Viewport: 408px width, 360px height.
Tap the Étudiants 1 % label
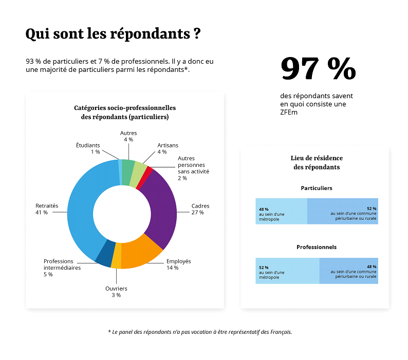tap(88, 148)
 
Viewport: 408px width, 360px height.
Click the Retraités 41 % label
tap(47, 209)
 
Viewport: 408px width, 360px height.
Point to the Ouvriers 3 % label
tap(116, 292)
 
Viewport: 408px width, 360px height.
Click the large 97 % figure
tap(318, 69)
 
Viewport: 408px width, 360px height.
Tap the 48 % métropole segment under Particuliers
tap(281, 211)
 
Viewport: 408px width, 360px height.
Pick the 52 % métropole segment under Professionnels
tap(287, 271)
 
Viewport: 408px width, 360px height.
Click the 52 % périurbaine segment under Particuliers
tap(343, 211)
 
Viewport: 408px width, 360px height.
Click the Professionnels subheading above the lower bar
tap(317, 247)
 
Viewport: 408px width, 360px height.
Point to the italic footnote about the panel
tap(200, 332)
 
